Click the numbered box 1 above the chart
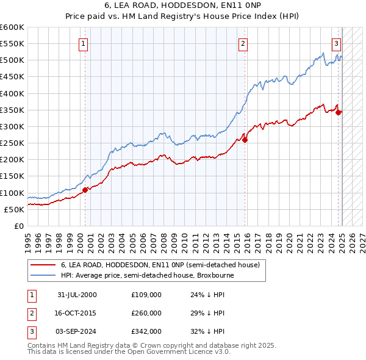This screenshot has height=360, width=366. tap(83, 43)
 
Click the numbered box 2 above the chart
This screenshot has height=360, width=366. tap(243, 43)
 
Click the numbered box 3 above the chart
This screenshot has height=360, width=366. tap(335, 43)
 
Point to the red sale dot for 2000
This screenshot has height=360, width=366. tap(85, 190)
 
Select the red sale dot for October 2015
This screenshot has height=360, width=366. tap(245, 140)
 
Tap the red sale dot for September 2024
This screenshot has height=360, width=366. tap(338, 112)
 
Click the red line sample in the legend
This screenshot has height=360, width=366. tap(43, 265)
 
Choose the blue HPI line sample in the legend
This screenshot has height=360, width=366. tap(43, 275)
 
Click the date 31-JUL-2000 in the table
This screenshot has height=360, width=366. tap(77, 295)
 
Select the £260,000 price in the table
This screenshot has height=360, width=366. tap(146, 313)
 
